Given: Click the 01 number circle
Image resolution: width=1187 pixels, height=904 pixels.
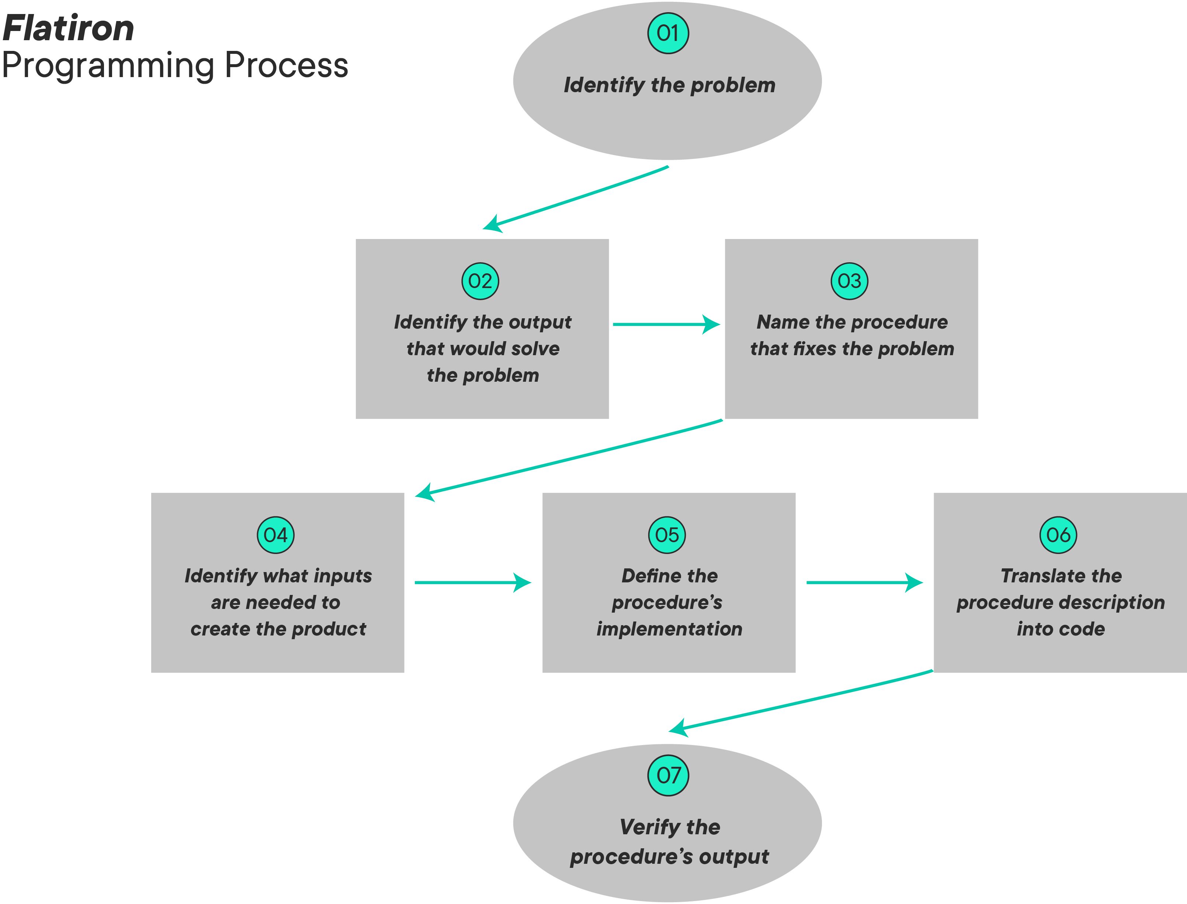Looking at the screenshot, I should click(667, 33).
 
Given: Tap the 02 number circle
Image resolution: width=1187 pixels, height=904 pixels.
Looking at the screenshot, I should click(480, 281).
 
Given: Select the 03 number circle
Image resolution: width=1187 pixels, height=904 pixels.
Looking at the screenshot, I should click(849, 281).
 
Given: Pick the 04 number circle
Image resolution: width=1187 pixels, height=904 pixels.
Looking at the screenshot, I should click(275, 535).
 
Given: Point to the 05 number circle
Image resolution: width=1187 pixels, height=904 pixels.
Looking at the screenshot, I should click(667, 535).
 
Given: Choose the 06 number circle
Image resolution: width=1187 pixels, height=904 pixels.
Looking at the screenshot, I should click(1058, 535).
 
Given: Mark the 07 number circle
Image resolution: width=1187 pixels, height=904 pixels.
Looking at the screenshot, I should click(668, 775).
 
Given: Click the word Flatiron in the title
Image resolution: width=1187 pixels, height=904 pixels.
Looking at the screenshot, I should click(68, 28).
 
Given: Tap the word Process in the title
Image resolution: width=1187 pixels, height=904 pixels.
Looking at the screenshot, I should click(287, 66).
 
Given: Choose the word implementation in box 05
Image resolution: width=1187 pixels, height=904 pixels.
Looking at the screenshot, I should click(669, 628).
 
